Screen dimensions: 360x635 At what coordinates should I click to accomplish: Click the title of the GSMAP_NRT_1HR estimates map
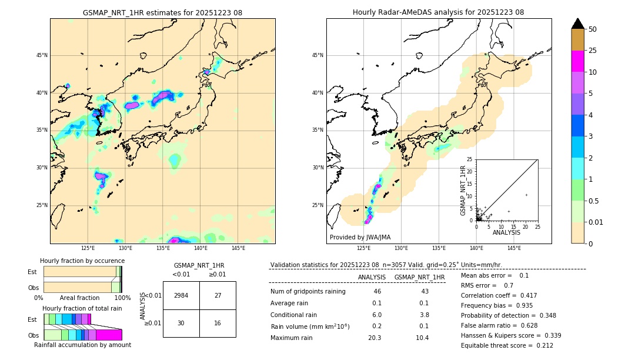162,12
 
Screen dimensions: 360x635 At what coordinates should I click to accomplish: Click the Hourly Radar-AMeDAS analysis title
438,12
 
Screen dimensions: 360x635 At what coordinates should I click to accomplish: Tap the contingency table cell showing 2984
181,295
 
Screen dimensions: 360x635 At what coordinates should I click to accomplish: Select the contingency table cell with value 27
218,295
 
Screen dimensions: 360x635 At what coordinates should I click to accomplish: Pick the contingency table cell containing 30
181,323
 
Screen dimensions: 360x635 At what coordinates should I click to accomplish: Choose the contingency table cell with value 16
218,323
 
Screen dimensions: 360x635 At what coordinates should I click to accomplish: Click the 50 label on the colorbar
593,29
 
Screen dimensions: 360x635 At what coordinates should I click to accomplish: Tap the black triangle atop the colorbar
578,24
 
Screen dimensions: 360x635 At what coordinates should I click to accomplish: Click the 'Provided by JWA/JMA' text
360,237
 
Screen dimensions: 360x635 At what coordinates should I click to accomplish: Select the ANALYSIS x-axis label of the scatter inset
506,232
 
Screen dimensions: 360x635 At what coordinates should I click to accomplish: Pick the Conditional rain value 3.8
423,315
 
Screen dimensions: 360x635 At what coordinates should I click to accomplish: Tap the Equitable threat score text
507,345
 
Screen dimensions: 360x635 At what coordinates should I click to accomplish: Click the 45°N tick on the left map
41,55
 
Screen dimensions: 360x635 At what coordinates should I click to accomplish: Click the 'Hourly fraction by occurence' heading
82,261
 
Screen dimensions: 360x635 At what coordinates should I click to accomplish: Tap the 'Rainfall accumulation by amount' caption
82,345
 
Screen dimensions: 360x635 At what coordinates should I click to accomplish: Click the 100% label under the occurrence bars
122,298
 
